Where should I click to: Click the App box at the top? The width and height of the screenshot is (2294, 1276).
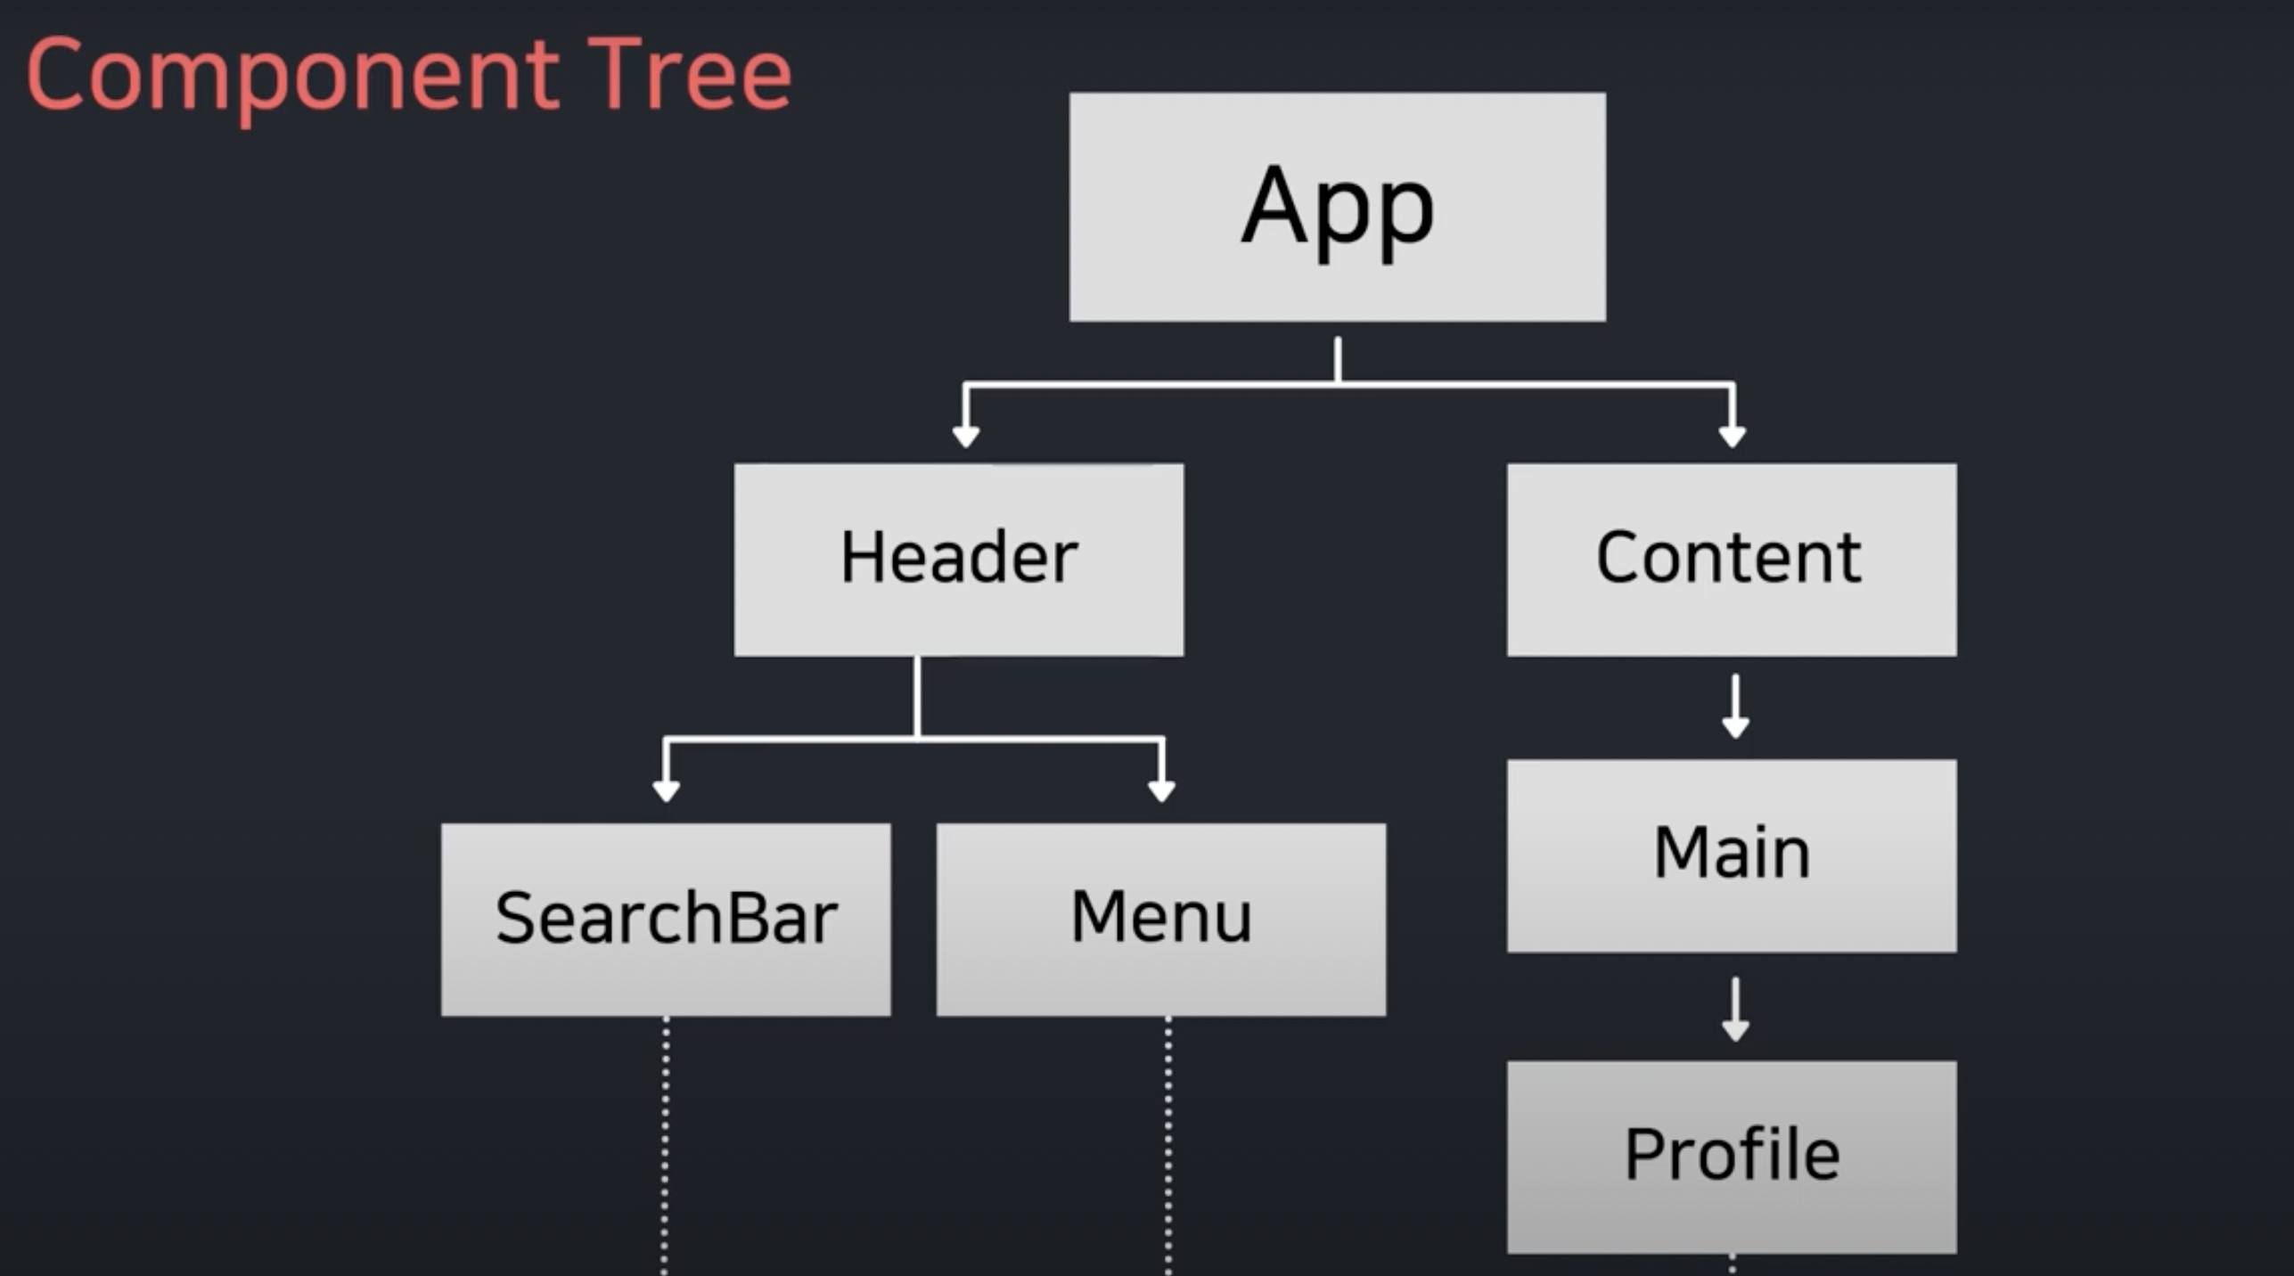tap(1337, 207)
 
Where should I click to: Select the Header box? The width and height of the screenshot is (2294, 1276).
tap(959, 560)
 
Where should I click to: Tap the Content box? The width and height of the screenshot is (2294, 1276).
tap(1731, 560)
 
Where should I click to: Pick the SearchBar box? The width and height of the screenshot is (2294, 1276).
tap(666, 919)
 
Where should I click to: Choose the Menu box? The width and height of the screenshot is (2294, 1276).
tap(1160, 919)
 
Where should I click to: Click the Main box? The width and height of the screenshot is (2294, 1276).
tap(1731, 855)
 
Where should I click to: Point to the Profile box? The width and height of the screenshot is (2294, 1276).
tap(1731, 1156)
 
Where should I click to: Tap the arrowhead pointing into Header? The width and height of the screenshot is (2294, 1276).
tap(966, 435)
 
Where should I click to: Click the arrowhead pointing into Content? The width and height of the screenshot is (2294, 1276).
tap(1732, 435)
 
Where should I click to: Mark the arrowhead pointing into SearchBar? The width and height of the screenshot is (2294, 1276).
tap(667, 789)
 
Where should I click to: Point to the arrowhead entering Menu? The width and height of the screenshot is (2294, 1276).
tap(1161, 789)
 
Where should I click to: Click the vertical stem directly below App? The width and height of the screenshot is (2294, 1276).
tap(1338, 359)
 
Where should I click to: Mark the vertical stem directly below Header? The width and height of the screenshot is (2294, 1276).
tap(917, 697)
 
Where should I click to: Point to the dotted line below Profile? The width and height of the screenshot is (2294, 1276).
tap(1732, 1265)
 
